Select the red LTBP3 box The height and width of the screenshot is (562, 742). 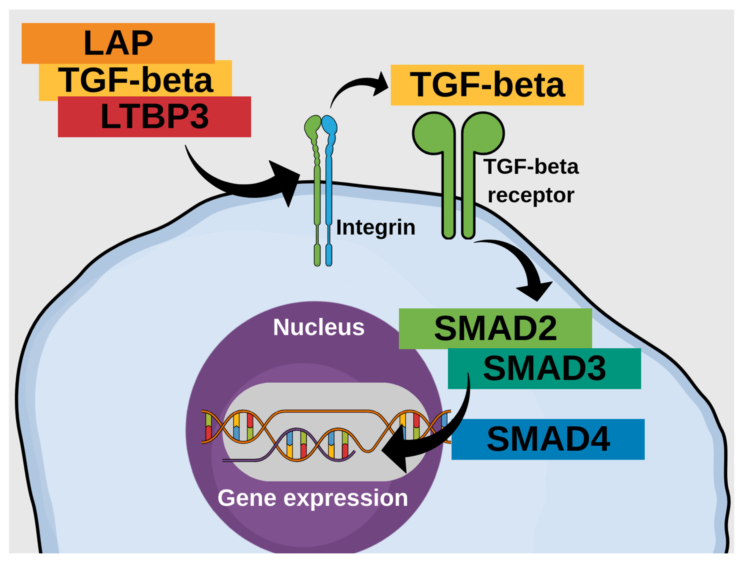pos(154,117)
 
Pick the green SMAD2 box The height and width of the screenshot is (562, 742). pos(495,329)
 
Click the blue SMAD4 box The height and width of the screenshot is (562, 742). pos(548,439)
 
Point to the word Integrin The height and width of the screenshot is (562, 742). pos(375,227)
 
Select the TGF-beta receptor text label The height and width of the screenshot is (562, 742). pos(531,181)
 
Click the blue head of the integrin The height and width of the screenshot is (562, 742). pos(329,125)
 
